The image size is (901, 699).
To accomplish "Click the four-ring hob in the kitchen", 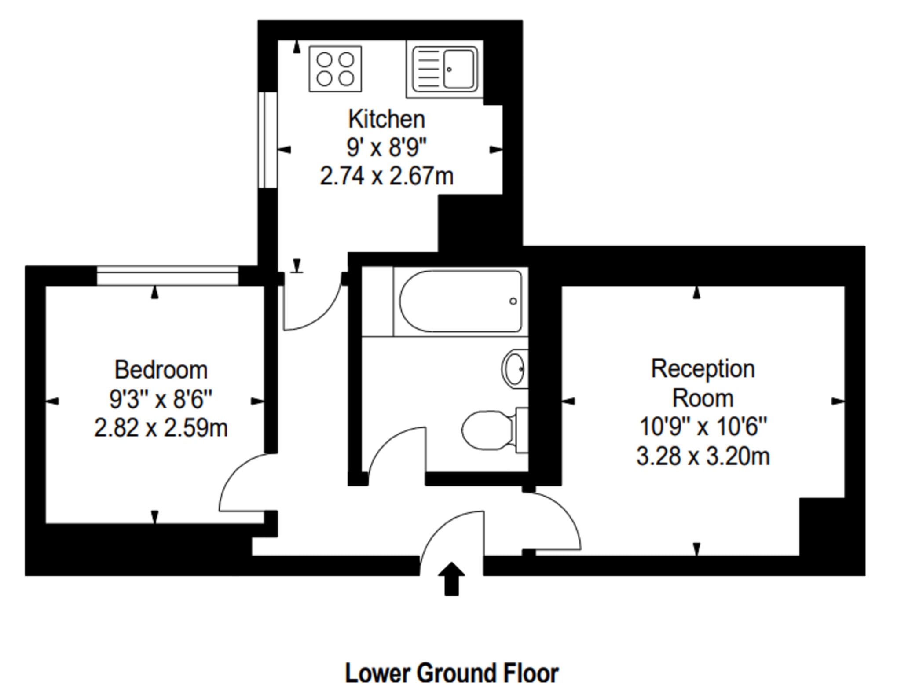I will [x=335, y=69].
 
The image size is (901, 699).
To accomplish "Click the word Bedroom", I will [x=161, y=370].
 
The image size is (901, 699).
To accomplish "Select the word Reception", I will [x=703, y=368].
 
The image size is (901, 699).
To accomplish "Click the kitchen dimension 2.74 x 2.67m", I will [x=386, y=176].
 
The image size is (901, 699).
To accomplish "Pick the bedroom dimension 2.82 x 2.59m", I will [x=161, y=428].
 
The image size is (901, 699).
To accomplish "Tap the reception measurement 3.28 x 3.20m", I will [x=703, y=456].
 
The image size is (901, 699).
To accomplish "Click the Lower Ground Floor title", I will [x=451, y=673].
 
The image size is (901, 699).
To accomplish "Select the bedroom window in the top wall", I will [x=167, y=276].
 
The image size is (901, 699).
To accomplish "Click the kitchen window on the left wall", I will [x=267, y=140].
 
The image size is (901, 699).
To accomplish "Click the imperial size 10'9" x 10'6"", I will [x=703, y=427].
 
